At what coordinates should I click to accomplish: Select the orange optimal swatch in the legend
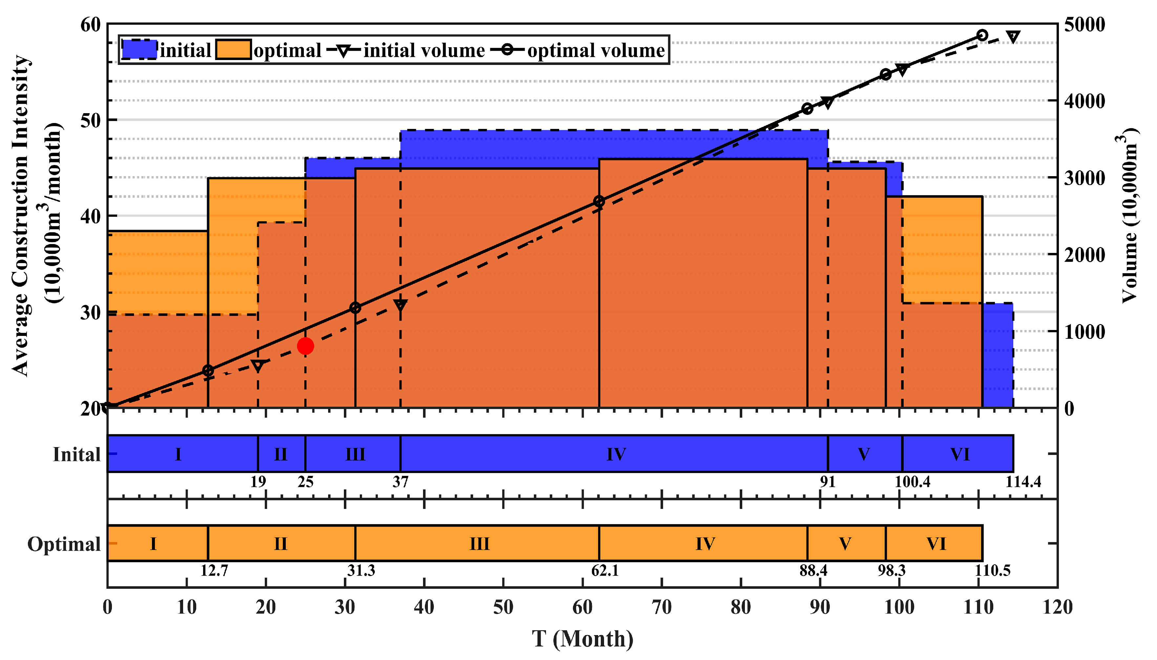click(x=233, y=50)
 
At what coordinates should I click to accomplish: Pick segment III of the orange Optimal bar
click(x=479, y=543)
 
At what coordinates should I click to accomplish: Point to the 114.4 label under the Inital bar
click(x=1023, y=482)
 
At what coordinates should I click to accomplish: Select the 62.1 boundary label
click(x=605, y=570)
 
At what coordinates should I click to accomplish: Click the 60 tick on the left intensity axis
click(x=90, y=25)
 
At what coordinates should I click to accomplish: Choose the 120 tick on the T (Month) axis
click(x=1057, y=607)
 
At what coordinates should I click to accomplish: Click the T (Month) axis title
click(x=582, y=639)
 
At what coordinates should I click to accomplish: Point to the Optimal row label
click(x=64, y=544)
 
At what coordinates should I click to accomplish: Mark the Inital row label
click(x=76, y=454)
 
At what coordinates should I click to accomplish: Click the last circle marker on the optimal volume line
click(x=982, y=35)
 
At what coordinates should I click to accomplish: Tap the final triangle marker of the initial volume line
click(x=1013, y=37)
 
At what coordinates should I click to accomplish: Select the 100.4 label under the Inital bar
click(x=912, y=482)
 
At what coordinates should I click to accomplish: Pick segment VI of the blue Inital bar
click(x=959, y=454)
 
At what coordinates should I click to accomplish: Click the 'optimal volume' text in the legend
click(x=596, y=50)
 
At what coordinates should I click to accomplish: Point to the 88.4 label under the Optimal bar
click(x=813, y=570)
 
